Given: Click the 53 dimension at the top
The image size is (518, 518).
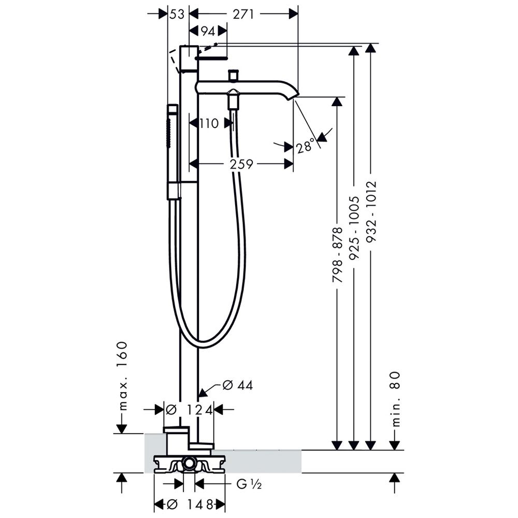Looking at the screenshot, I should pos(177,15).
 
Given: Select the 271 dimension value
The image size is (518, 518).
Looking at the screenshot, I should pos(243,15).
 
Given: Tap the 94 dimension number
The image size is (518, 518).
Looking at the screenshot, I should pos(207,32).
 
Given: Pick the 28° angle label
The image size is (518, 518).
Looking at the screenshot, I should pos(306,147).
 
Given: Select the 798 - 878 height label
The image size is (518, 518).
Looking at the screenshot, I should pos(337,254).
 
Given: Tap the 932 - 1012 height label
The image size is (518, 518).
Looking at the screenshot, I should pos(371,212).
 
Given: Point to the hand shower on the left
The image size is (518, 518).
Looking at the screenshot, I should pos(172,150).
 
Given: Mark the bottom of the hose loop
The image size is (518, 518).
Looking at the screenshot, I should pos(207,346).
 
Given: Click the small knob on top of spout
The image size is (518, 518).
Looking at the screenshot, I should pos(234,76).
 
